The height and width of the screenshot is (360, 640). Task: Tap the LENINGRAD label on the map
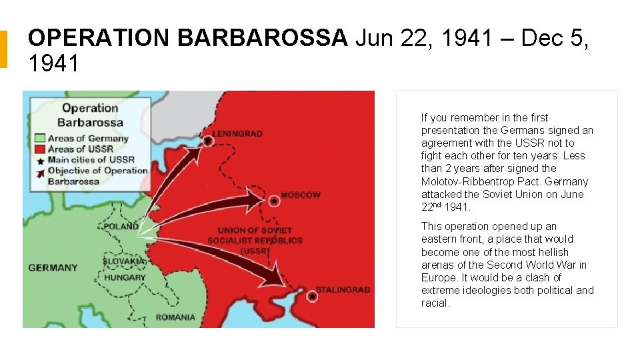coord(237,134)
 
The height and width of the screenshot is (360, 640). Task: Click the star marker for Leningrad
coord(208,141)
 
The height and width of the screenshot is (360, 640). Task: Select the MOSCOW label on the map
coord(300,195)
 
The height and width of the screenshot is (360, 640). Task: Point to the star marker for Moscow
coord(274,199)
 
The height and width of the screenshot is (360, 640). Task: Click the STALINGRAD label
coord(342,290)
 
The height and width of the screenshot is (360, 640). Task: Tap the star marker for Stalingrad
coord(311,295)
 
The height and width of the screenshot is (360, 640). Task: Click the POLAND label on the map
coord(121,227)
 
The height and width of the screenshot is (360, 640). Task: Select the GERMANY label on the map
coord(53,268)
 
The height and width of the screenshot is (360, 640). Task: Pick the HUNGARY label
coord(125,277)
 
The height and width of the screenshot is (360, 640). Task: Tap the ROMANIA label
coord(175,317)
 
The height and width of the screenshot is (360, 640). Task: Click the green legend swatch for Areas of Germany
coord(40,139)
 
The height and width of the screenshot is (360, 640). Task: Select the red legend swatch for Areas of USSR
coord(40,149)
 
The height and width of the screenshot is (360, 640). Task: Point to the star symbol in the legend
coord(40,160)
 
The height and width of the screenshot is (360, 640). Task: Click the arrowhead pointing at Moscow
coord(257,197)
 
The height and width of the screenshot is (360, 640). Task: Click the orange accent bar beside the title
coord(3,49)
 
